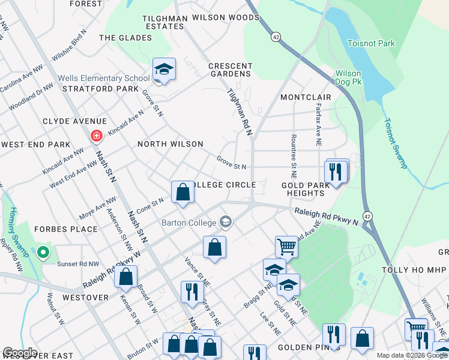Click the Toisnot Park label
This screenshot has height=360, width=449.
click(372, 43)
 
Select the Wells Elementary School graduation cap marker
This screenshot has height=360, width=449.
click(164, 70)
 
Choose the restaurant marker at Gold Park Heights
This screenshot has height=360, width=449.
click(336, 171)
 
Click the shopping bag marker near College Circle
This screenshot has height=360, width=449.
click(182, 193)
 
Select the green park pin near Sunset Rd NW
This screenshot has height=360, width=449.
click(43, 253)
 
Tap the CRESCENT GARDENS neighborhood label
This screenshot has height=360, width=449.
click(229, 70)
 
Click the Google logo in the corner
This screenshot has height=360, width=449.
click(19, 352)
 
